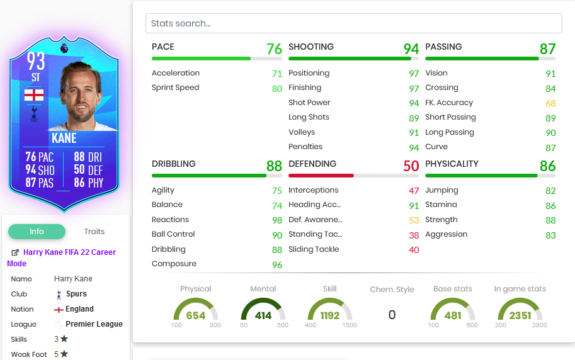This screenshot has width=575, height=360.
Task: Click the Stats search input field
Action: [x=353, y=23]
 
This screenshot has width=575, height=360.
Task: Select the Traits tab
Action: [x=94, y=232]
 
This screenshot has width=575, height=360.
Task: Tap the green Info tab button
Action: [x=37, y=232]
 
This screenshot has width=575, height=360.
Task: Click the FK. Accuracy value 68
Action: [x=550, y=103]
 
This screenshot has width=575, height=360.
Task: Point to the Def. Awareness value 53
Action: [x=414, y=220]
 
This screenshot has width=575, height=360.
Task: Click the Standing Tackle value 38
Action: [x=414, y=235]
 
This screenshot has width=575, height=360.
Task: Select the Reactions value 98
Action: [x=277, y=220]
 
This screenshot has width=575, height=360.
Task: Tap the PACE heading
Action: [x=163, y=47]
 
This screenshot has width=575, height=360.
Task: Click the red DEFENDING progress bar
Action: [x=321, y=176]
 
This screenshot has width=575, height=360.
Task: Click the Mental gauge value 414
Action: [x=263, y=315]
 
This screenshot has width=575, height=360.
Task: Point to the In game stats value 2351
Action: [x=520, y=315]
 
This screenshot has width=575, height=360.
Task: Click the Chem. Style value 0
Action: [x=392, y=315]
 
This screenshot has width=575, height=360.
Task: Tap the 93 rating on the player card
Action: [x=36, y=62]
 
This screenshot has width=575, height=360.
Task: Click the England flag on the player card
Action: [x=34, y=95]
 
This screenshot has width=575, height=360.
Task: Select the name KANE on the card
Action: [x=64, y=138]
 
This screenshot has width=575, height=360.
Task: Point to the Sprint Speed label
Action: [x=175, y=88]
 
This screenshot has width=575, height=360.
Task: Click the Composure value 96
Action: [x=277, y=264]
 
